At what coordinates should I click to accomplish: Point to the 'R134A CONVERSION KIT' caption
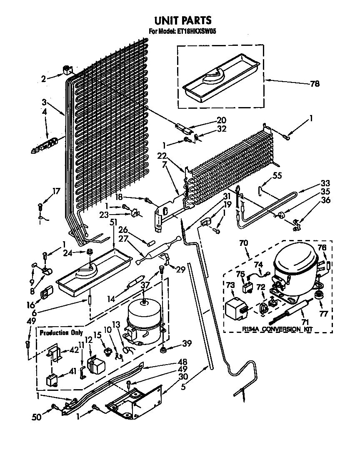pyautogui.click(x=277, y=329)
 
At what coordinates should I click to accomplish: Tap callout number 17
pyautogui.click(x=56, y=191)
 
